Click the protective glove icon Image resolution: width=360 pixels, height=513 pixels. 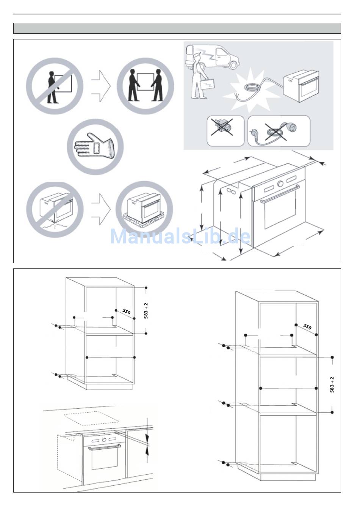(x=95, y=147)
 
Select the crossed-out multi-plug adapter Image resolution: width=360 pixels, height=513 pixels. (x=222, y=130)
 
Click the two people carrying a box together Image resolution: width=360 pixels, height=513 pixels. (x=146, y=85)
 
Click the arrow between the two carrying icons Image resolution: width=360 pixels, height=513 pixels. (x=101, y=86)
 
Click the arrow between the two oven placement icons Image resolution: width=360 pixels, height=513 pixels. (x=101, y=209)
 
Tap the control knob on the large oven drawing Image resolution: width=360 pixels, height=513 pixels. (x=280, y=184)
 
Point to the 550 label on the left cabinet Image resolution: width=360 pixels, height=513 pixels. (x=126, y=311)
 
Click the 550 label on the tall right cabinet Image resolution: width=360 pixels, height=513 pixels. (x=307, y=326)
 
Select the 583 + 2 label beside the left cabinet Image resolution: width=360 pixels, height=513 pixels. (x=146, y=311)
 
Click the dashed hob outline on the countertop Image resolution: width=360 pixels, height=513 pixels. (x=92, y=418)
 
